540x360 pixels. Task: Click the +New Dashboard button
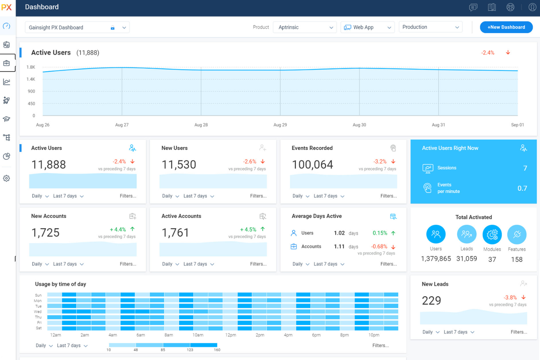click(x=506, y=27)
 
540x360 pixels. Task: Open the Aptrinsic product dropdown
click(x=305, y=27)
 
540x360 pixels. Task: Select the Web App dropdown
click(x=367, y=27)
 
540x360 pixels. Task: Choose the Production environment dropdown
click(x=430, y=27)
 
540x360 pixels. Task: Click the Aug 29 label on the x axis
click(x=280, y=125)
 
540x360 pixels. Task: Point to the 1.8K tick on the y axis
click(x=31, y=67)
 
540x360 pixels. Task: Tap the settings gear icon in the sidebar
click(x=7, y=178)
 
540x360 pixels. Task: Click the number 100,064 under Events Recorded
click(x=312, y=165)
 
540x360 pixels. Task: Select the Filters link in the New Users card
click(x=258, y=196)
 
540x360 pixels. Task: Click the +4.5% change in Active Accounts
click(x=248, y=229)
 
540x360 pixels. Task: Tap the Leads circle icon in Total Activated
click(x=466, y=234)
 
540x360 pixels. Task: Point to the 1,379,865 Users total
click(x=436, y=259)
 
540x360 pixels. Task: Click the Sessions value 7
click(x=525, y=168)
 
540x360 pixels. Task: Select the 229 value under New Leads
click(x=431, y=301)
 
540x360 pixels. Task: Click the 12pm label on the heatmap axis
click(x=231, y=335)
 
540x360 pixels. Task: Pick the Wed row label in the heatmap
click(x=38, y=312)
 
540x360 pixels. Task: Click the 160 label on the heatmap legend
click(x=217, y=350)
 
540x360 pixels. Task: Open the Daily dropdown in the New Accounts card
click(x=40, y=264)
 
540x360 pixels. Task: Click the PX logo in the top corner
click(x=7, y=7)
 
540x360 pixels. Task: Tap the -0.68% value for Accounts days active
click(x=379, y=247)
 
